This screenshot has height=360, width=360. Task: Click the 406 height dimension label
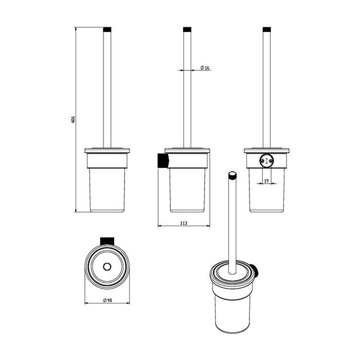point(73,120)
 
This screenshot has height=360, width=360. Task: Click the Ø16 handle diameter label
point(205,68)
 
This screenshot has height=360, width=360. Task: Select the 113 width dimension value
point(184,223)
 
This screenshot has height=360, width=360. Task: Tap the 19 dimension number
point(266,181)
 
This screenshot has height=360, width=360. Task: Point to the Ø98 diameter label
point(107,300)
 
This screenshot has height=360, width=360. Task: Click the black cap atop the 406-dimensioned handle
point(107,29)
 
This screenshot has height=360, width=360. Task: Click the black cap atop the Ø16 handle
point(187,29)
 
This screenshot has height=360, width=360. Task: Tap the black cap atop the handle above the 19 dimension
point(267,29)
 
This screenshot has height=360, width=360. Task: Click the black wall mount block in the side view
point(163,160)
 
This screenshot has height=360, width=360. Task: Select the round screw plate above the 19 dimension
point(266,159)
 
